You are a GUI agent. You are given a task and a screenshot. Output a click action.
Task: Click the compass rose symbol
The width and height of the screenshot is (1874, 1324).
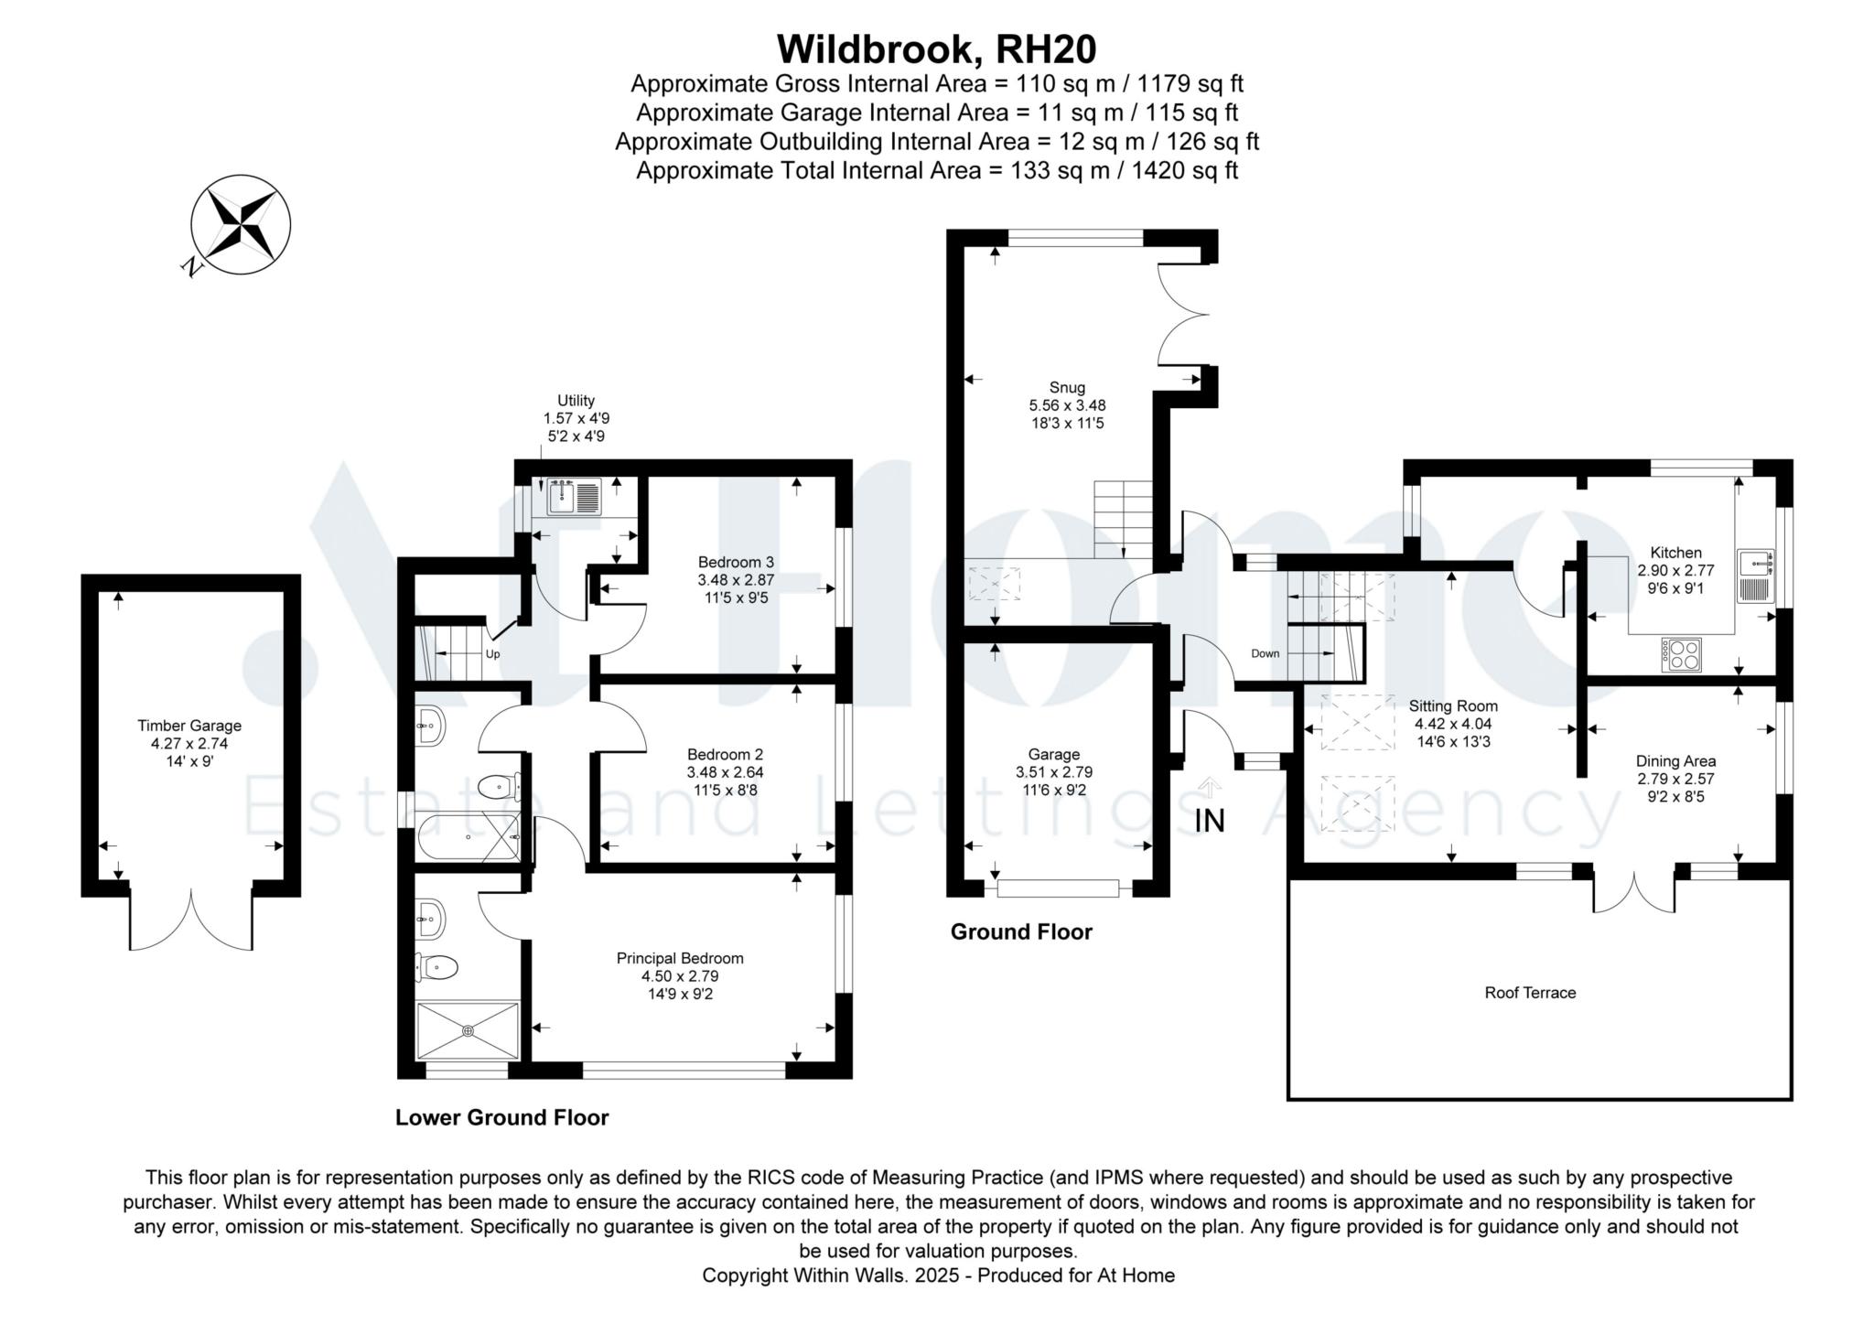241,224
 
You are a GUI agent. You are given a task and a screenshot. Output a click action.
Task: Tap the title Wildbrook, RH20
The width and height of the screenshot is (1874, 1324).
936,48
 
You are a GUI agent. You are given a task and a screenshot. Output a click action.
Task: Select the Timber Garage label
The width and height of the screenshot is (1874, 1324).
189,726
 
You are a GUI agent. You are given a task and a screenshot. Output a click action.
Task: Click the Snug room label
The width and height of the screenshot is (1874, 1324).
1067,388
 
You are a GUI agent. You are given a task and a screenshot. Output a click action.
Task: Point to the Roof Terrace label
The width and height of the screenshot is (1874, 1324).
1530,993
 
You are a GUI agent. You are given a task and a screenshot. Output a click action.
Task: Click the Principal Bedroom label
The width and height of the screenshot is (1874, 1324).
679,959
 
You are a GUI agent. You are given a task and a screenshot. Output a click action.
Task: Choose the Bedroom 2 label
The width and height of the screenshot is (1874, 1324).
725,755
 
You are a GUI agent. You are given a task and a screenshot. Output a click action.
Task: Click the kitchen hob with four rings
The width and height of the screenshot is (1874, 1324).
1682,654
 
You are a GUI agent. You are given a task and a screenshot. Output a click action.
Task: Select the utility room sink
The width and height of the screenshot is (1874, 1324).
573,497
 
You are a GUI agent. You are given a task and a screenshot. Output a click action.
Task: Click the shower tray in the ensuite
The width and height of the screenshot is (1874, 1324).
468,1031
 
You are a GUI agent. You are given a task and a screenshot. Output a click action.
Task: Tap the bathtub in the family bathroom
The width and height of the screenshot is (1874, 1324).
467,837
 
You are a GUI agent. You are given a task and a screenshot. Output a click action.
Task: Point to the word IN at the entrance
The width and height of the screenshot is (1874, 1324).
1210,822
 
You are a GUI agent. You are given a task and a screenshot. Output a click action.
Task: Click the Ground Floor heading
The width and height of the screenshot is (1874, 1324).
1021,932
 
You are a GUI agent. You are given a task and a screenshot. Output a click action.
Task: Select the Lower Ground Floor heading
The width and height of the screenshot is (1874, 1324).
501,1117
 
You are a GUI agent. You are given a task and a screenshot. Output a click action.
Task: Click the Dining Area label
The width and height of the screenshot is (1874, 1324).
1675,761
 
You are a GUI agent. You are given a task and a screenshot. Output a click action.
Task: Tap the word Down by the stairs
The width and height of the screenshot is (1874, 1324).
1265,653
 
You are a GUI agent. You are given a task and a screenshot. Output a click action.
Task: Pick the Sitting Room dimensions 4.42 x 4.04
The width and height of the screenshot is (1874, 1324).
1453,724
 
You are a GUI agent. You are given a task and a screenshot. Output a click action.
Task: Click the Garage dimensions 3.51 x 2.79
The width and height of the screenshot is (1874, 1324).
1054,772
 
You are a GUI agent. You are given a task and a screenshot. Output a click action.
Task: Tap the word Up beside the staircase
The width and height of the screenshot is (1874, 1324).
492,654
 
